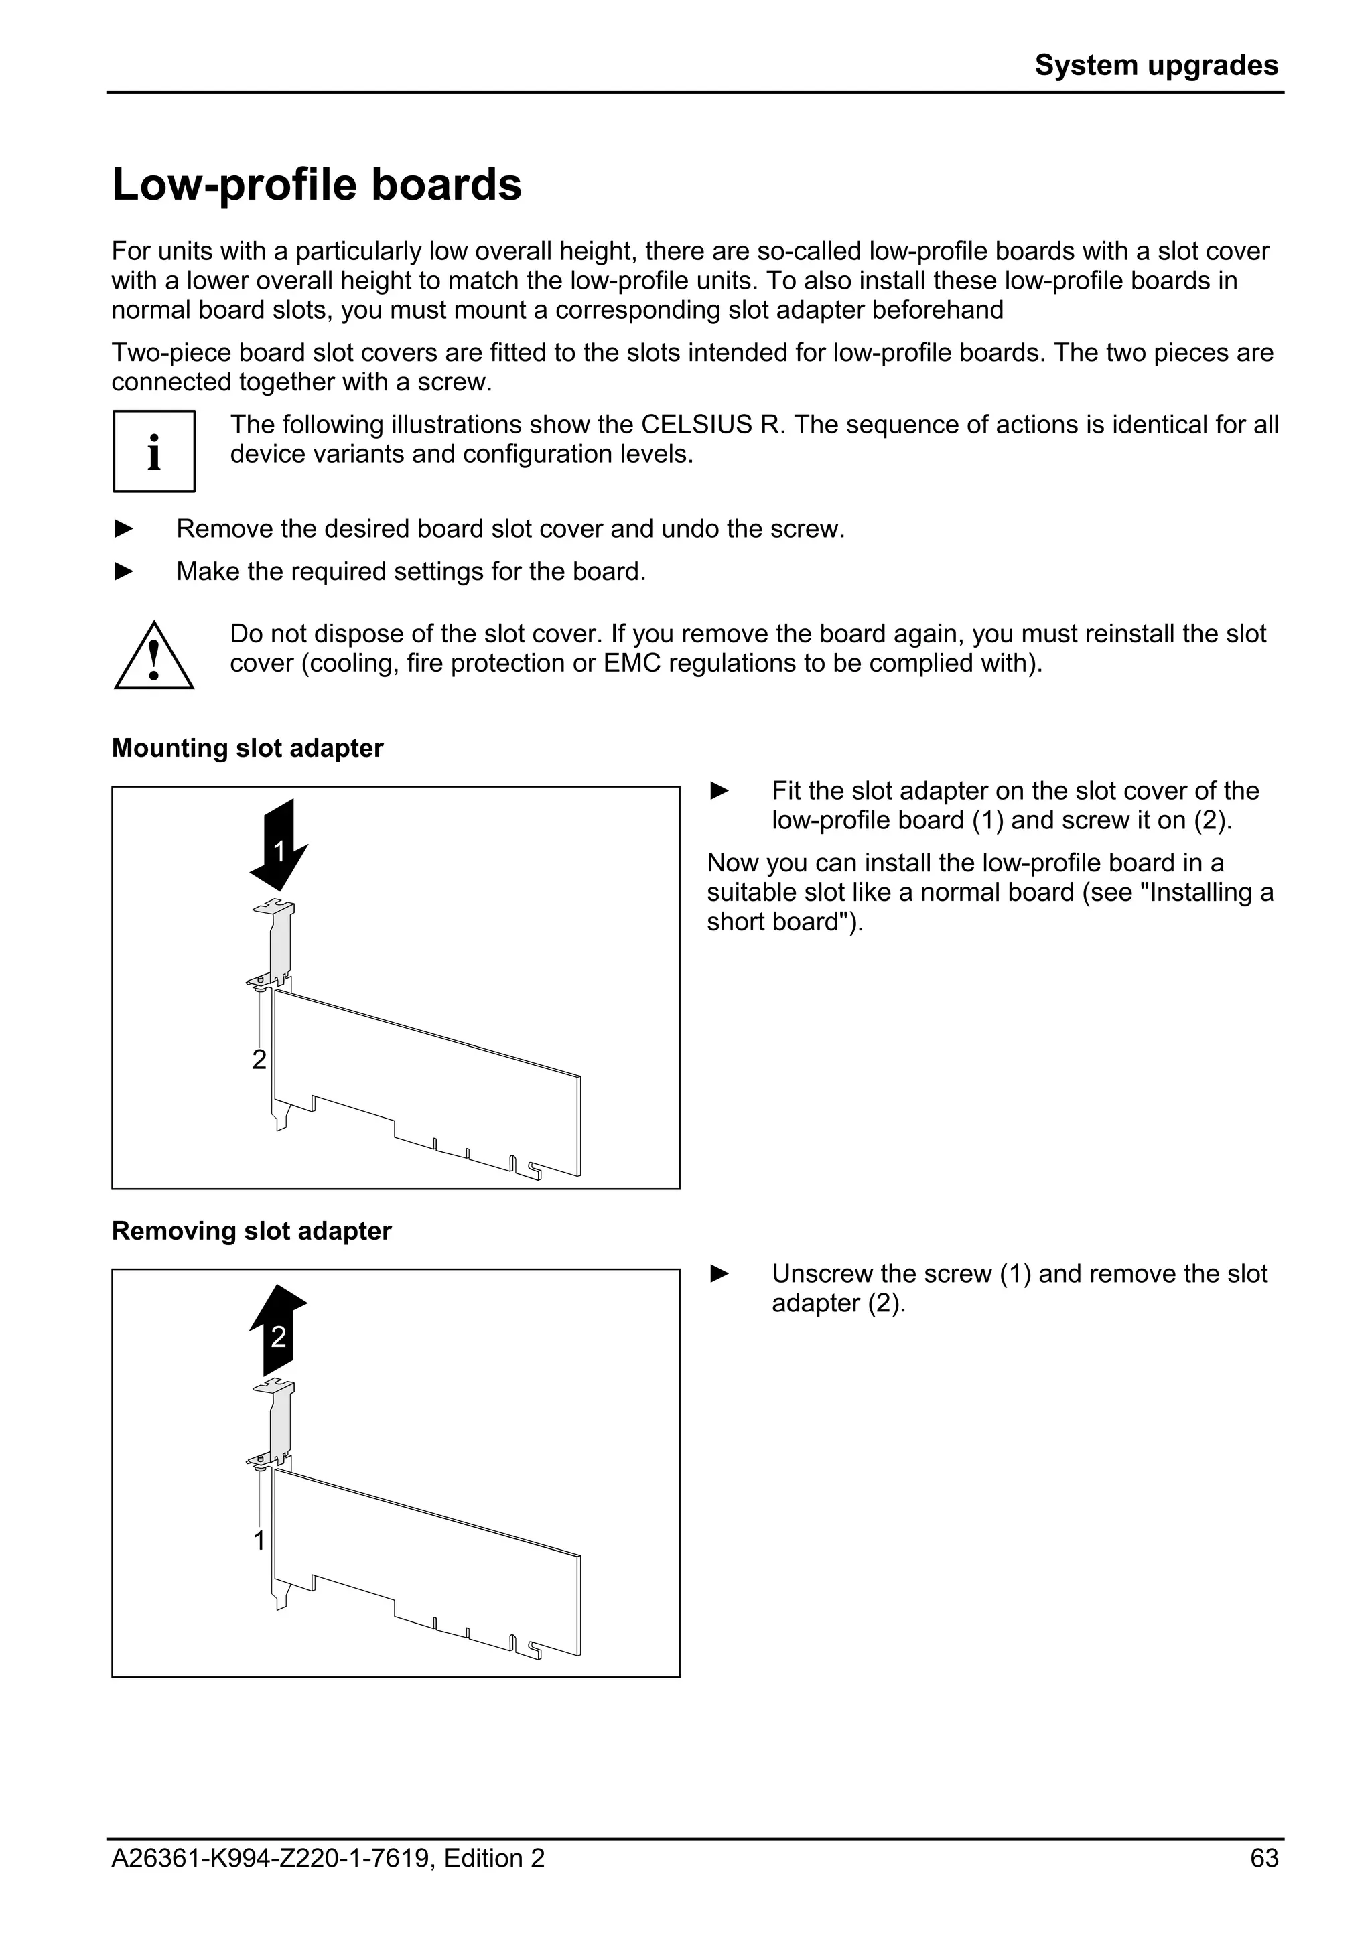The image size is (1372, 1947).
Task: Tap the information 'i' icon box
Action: tap(154, 451)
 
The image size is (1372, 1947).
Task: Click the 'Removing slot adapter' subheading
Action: tap(251, 1230)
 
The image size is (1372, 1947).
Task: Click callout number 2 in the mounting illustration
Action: tap(259, 1059)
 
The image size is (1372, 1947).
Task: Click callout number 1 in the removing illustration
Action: tap(259, 1540)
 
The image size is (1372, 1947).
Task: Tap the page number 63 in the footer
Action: tap(1263, 1858)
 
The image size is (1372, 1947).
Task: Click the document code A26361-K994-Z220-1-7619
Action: tap(271, 1858)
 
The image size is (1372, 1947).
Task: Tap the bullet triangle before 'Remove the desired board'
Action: tap(124, 529)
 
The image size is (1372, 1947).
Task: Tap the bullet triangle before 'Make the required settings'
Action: tap(124, 571)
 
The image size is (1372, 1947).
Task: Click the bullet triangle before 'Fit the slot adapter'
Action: tap(719, 791)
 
